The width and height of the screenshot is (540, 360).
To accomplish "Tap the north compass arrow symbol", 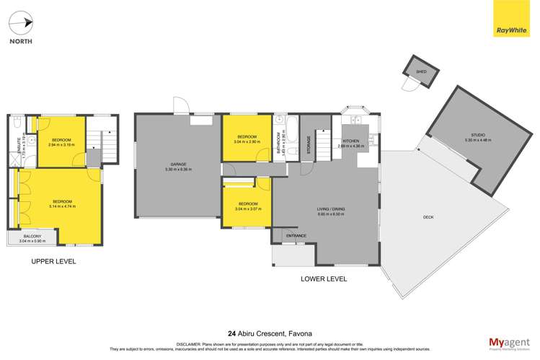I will tap(26, 24).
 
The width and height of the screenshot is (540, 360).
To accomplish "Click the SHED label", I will tap(421, 72).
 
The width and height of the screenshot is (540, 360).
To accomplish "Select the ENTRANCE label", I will tap(296, 236).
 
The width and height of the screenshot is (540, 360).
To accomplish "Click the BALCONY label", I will tap(31, 237).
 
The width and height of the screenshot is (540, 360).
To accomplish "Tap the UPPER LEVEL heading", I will tap(53, 261).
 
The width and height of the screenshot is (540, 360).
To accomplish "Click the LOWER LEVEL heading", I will tap(324, 278).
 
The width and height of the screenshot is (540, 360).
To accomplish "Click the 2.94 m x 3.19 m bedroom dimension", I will tap(61, 146).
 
